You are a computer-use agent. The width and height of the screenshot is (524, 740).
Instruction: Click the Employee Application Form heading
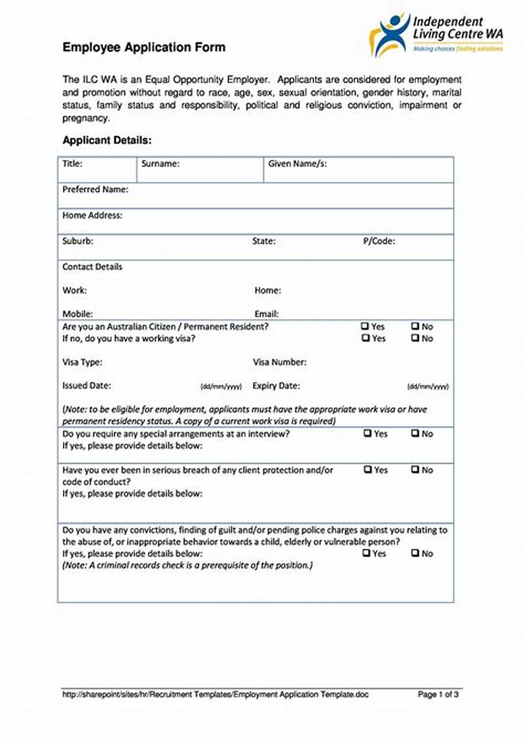click(x=143, y=47)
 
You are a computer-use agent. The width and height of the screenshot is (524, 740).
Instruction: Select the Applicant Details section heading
click(x=107, y=140)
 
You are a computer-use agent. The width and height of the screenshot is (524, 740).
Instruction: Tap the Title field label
click(x=72, y=164)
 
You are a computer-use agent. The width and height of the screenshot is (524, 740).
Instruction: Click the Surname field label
click(x=160, y=164)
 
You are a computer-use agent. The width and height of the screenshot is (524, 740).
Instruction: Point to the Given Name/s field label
click(x=297, y=164)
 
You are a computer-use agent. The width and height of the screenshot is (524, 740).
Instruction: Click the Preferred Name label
click(x=95, y=189)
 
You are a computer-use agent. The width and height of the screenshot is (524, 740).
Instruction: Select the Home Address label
click(x=92, y=215)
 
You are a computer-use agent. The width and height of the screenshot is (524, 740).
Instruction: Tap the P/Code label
click(x=379, y=241)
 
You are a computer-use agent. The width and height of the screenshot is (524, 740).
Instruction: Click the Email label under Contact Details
click(x=267, y=314)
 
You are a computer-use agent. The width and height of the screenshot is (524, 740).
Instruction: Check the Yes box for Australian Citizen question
click(x=365, y=326)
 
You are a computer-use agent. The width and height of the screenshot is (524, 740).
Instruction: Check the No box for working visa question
click(x=415, y=339)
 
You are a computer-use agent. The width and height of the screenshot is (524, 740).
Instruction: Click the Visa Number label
click(x=280, y=362)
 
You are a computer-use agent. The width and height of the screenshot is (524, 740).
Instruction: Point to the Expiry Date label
click(x=276, y=386)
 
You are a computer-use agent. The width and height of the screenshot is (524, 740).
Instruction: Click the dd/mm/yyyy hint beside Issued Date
click(x=221, y=387)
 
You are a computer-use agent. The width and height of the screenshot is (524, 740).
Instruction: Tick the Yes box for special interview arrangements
click(x=367, y=434)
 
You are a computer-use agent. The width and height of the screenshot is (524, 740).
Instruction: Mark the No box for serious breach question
click(x=415, y=470)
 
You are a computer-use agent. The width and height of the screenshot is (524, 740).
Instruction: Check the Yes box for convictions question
click(x=365, y=553)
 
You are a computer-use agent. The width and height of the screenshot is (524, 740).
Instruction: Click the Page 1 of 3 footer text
click(x=438, y=694)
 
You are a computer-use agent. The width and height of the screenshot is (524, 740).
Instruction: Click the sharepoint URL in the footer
click(x=215, y=694)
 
